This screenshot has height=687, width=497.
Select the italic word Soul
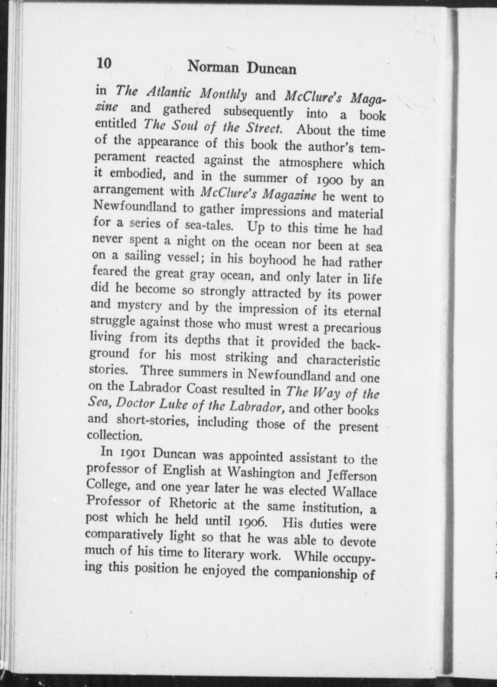click(185, 126)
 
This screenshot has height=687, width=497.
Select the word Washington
click(261, 473)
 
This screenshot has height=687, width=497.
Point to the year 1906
click(252, 522)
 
